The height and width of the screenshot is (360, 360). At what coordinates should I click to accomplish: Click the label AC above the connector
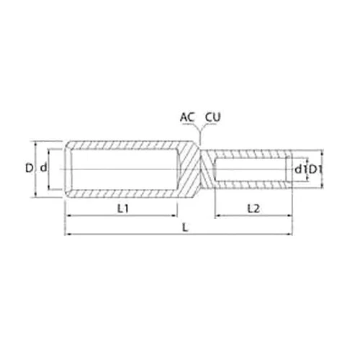click(186, 117)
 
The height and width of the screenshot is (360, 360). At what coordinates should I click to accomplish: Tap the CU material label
click(212, 117)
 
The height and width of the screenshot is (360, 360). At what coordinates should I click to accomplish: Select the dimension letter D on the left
click(29, 168)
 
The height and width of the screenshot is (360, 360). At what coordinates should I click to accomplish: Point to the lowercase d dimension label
click(43, 168)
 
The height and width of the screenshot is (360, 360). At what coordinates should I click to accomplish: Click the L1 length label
click(123, 209)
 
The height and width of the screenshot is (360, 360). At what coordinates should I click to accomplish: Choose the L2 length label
click(253, 209)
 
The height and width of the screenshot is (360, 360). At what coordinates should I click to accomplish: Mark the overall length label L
click(185, 228)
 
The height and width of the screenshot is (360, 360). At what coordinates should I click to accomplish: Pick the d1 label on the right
click(300, 170)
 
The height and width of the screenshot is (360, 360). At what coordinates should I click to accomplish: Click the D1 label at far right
click(315, 170)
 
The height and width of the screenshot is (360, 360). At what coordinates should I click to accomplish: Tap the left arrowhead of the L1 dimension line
click(68, 216)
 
